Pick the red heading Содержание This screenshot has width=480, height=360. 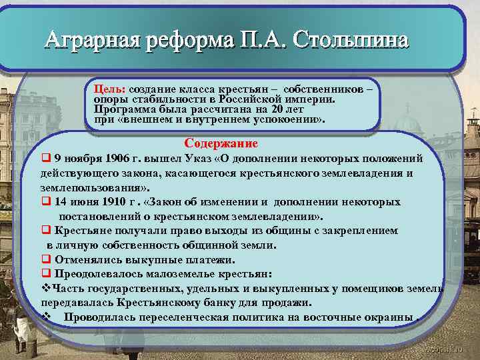point(221,143)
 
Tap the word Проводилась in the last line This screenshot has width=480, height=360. point(97,317)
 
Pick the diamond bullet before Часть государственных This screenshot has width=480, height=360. point(45,288)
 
